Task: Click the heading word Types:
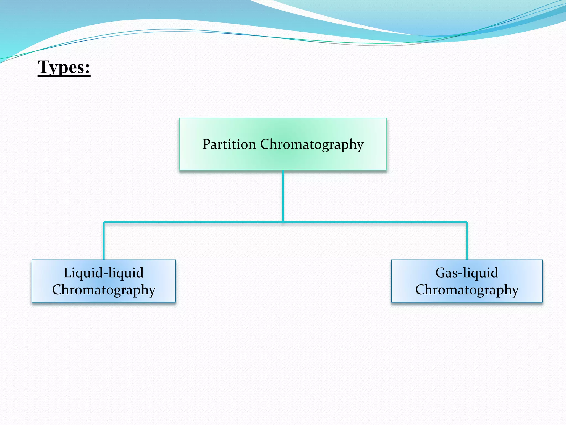(64, 67)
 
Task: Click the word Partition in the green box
(229, 144)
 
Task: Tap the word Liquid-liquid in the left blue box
(104, 273)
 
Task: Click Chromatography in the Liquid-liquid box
(104, 290)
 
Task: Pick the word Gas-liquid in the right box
(467, 273)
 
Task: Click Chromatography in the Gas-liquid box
(467, 290)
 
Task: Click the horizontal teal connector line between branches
(193, 222)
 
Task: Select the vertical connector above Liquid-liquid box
(104, 241)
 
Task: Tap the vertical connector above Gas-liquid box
(467, 241)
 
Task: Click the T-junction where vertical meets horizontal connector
(283, 222)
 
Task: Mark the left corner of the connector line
(104, 222)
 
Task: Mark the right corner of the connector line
(467, 222)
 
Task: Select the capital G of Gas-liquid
(441, 273)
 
